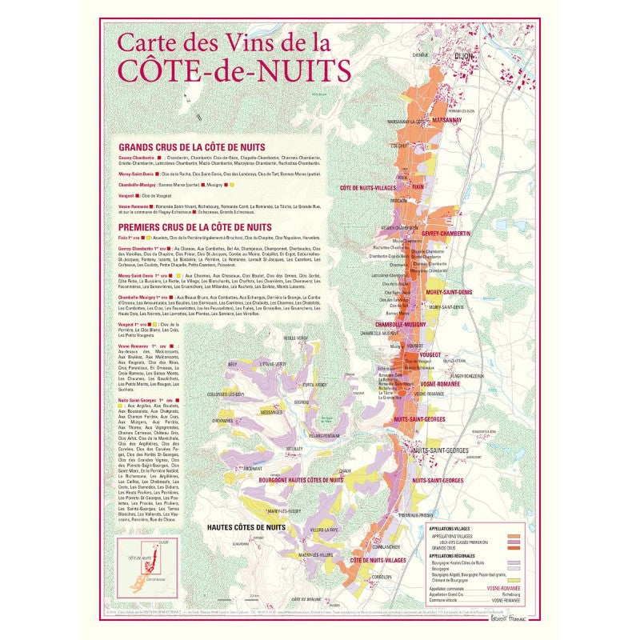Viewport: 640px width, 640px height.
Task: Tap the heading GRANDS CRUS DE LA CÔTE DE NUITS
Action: click(191, 148)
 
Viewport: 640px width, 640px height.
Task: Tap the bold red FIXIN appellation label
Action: click(417, 186)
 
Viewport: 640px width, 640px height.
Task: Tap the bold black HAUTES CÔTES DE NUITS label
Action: click(246, 528)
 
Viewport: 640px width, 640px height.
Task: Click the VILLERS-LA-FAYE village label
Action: click(336, 530)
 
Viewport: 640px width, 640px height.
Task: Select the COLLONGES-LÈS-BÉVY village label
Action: click(226, 394)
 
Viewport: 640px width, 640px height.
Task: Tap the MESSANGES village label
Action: click(272, 413)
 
